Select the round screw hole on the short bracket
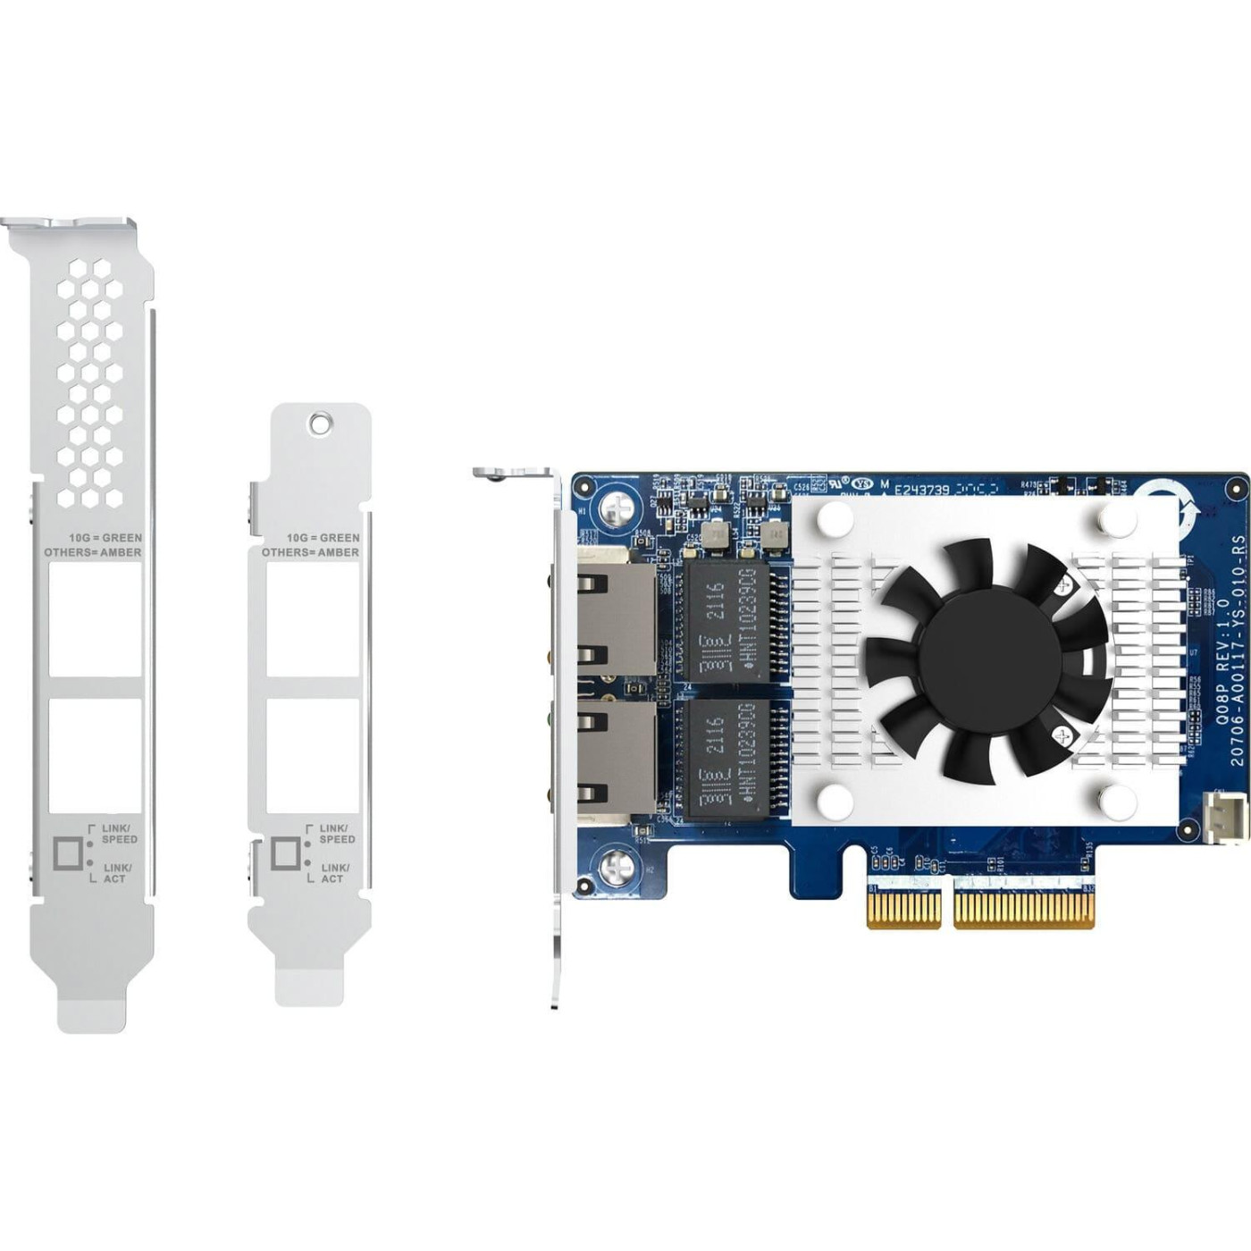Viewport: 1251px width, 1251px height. pos(320,421)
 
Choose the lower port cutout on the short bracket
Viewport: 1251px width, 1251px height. pos(313,755)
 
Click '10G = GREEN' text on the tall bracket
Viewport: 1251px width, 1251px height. pos(105,538)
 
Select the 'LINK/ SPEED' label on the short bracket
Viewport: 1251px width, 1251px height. pos(337,834)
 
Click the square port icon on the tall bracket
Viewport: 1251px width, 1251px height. pos(68,853)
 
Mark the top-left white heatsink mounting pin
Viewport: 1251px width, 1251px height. pos(835,516)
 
